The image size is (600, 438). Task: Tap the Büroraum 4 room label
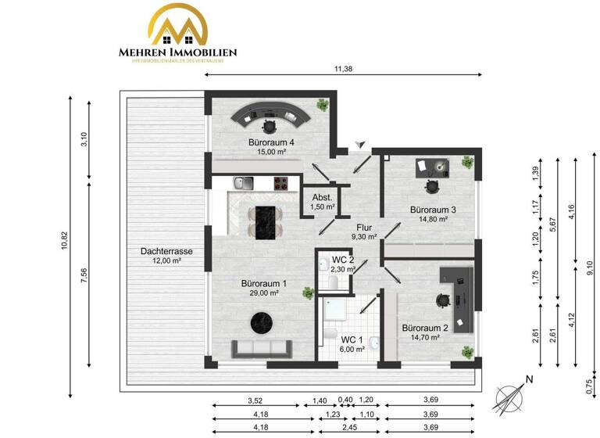(x=271, y=142)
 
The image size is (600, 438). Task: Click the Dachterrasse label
(x=166, y=252)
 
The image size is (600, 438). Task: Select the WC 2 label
(x=343, y=259)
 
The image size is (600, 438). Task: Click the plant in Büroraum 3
(x=467, y=163)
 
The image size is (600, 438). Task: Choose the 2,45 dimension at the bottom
(x=341, y=427)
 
